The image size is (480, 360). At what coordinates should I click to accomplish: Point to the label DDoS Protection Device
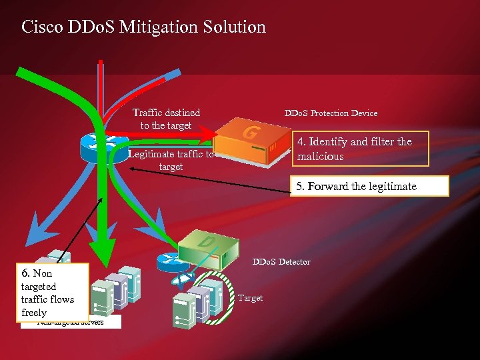click(331, 113)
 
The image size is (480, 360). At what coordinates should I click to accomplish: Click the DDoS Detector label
click(281, 262)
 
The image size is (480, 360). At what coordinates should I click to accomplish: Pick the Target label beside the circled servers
click(250, 298)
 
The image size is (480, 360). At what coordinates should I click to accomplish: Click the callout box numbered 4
click(361, 149)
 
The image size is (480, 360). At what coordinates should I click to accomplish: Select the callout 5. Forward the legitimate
click(369, 186)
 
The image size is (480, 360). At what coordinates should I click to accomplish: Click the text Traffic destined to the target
click(166, 119)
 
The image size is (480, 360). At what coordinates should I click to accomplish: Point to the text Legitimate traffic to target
click(171, 161)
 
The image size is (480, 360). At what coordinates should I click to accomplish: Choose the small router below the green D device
click(169, 259)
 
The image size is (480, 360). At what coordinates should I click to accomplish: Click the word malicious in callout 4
click(321, 157)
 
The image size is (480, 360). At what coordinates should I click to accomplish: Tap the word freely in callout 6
click(34, 313)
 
